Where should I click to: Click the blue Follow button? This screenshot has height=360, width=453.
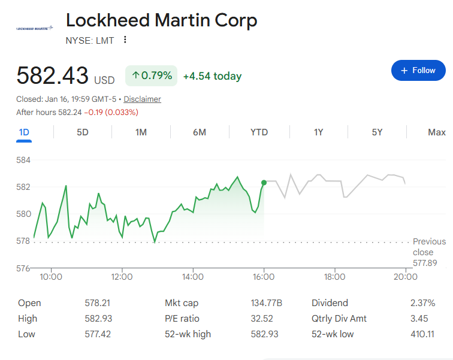pyautogui.click(x=419, y=71)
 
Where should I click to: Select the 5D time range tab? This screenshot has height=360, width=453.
pyautogui.click(x=83, y=132)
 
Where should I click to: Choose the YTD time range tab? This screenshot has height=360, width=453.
pyautogui.click(x=259, y=132)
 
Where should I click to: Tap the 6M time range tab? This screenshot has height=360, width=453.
pyautogui.click(x=200, y=132)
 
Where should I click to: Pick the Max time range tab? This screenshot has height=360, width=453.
pyautogui.click(x=436, y=132)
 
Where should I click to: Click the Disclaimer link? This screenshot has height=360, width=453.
pyautogui.click(x=142, y=99)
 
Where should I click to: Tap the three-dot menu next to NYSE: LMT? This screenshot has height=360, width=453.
pyautogui.click(x=125, y=40)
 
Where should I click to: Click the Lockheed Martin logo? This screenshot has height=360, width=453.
pyautogui.click(x=34, y=28)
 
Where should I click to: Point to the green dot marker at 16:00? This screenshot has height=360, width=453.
pyautogui.click(x=264, y=182)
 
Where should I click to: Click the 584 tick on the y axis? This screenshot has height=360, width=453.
pyautogui.click(x=23, y=160)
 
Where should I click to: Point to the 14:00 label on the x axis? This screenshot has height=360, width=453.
pyautogui.click(x=193, y=277)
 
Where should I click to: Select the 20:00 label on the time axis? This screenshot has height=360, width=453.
pyautogui.click(x=406, y=277)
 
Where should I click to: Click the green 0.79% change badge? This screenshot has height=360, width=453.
pyautogui.click(x=152, y=75)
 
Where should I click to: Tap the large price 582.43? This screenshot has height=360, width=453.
pyautogui.click(x=52, y=76)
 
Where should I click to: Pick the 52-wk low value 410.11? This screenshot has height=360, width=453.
pyautogui.click(x=422, y=334)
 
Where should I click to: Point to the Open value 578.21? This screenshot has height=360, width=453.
pyautogui.click(x=98, y=303)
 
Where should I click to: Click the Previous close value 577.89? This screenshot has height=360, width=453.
pyautogui.click(x=425, y=263)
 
